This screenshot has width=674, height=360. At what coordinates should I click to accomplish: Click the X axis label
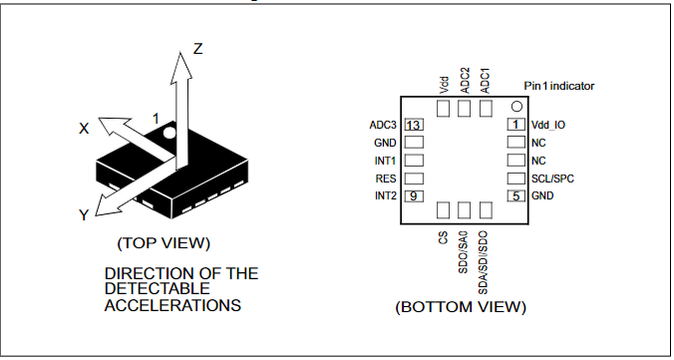pos(85,128)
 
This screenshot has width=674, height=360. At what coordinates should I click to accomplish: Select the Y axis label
pos(85,214)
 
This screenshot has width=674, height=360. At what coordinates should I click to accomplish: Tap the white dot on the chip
pos(170,131)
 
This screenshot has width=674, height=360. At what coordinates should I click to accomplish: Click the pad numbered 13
pos(414,125)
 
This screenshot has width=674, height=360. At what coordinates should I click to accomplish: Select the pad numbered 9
pos(414,195)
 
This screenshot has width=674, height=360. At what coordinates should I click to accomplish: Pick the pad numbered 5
pos(516,195)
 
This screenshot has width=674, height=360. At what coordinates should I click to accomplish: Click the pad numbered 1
pos(516,125)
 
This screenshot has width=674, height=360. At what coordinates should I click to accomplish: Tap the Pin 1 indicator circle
pos(516,106)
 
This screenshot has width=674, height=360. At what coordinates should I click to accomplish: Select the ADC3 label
pos(383,125)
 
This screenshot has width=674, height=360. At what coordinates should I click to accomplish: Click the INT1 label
pos(385,161)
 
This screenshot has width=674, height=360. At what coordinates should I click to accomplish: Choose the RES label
pos(387,179)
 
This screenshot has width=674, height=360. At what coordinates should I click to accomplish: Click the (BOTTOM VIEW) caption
pos(461,306)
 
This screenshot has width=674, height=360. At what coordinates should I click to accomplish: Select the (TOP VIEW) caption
pos(164,242)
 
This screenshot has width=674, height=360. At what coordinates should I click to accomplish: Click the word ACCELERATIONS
pos(172,305)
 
